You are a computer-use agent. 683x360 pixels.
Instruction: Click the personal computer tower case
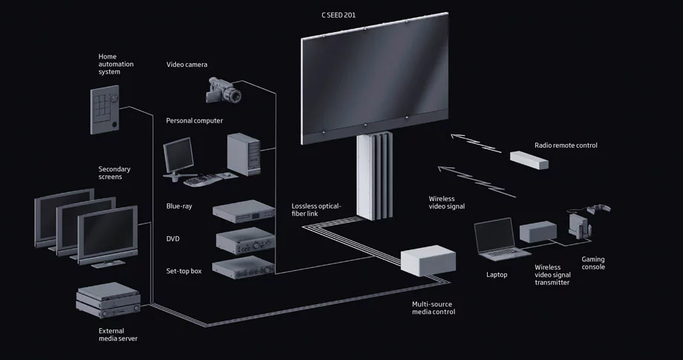point(243,153)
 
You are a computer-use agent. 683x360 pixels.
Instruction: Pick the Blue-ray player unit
point(244,211)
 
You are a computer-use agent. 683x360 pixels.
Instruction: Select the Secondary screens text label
point(115,173)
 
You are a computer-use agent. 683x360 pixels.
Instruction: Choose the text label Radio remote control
point(566,145)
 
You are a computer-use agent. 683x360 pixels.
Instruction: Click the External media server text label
point(117,334)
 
